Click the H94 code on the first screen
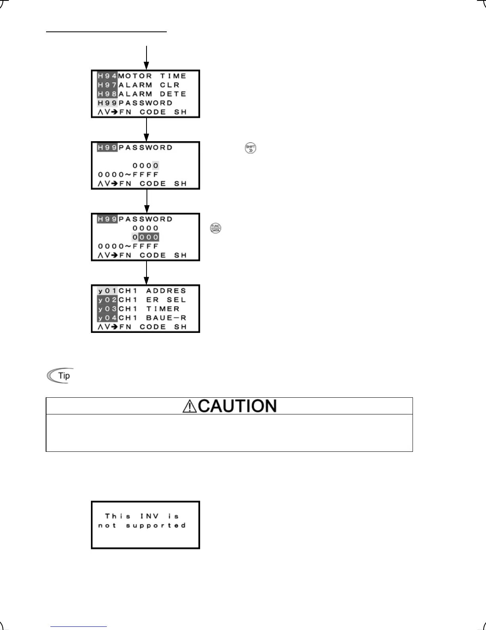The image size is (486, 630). [107, 76]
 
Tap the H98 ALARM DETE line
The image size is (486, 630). [142, 94]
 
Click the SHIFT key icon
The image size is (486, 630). [251, 149]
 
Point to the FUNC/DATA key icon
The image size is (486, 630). [216, 228]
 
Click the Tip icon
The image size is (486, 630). [60, 375]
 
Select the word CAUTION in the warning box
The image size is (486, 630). [237, 406]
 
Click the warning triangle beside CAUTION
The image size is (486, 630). [189, 406]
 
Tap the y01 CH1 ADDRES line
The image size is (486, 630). [142, 291]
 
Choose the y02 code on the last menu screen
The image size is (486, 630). [107, 300]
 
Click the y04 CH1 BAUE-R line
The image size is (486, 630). [142, 318]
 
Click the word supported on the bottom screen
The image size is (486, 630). [156, 525]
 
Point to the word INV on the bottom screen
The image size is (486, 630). [149, 516]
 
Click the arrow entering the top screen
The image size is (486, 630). [147, 58]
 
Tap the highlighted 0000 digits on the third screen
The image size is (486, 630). [146, 237]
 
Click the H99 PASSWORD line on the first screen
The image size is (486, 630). [135, 103]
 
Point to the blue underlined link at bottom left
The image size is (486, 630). [79, 627]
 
